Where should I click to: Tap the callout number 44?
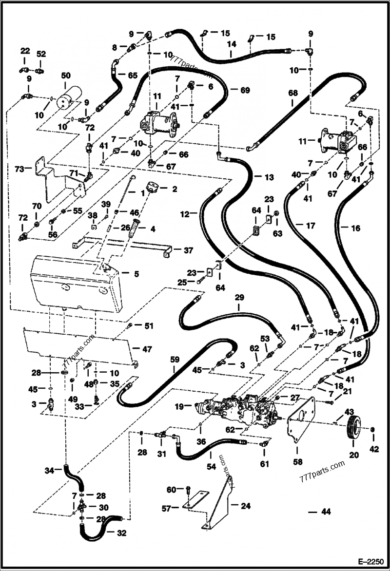(326, 512)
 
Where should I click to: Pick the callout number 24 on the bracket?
(246, 506)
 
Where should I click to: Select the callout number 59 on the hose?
(175, 360)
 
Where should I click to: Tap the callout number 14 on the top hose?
(232, 44)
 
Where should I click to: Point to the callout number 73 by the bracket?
(19, 169)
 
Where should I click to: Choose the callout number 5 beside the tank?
(136, 274)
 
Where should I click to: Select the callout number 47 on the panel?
(147, 349)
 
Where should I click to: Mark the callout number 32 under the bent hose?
(121, 533)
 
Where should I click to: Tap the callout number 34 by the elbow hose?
(49, 471)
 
